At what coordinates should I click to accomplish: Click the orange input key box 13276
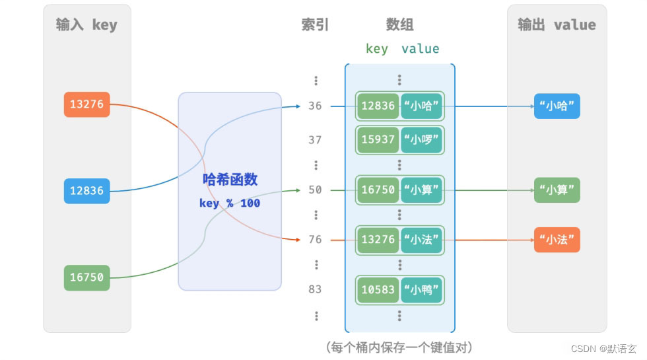pos(87,104)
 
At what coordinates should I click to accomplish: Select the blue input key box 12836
pos(87,190)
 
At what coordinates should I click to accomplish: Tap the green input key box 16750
pos(87,277)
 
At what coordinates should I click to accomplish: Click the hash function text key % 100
pos(230,203)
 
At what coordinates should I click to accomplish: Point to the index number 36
pos(315,106)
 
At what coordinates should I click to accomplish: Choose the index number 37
pos(315,140)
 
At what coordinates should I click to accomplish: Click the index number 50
pos(315,190)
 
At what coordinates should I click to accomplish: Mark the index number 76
pos(315,239)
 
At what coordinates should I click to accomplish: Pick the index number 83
pos(315,289)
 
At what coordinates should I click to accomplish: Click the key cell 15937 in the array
pos(378,140)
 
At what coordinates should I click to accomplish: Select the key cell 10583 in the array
pos(378,289)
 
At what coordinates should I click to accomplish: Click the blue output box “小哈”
pos(557,106)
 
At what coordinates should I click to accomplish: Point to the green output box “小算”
pos(557,190)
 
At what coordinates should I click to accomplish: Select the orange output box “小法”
pos(557,239)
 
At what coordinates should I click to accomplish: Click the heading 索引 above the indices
pos(315,25)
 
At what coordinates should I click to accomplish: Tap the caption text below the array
pos(399,347)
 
